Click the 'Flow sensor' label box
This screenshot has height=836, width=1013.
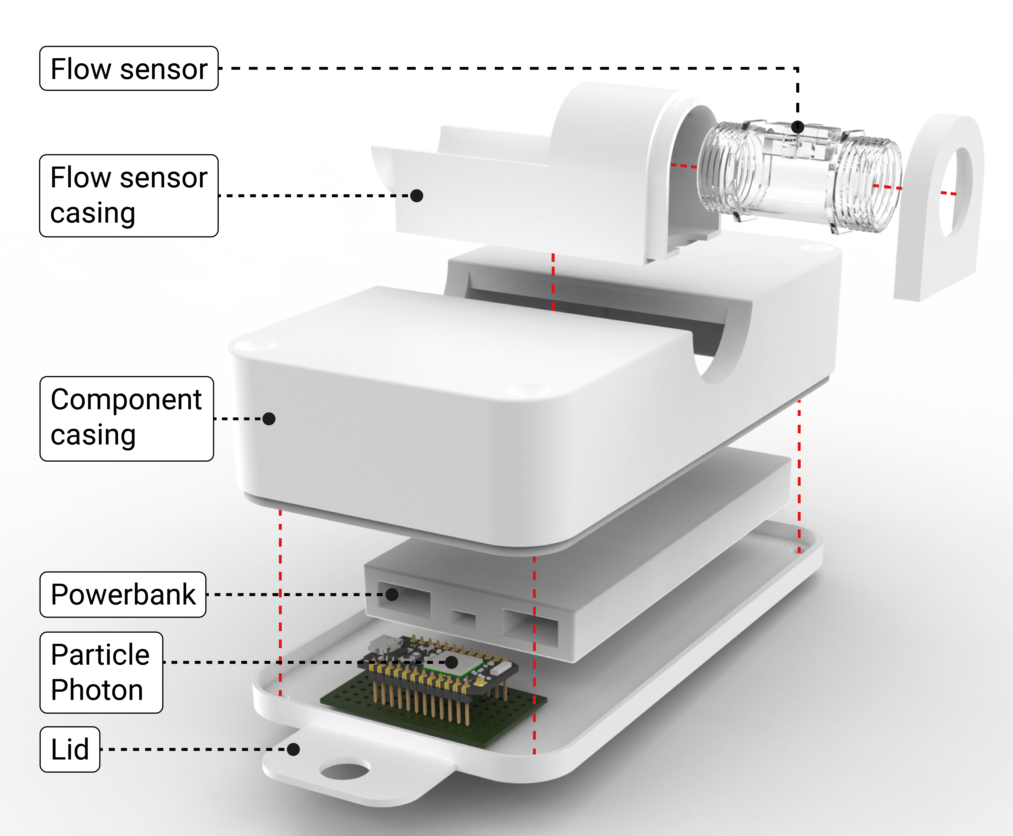click(x=129, y=68)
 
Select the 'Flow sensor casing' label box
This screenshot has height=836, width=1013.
click(x=129, y=196)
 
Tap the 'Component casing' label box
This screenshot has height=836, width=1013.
click(x=127, y=418)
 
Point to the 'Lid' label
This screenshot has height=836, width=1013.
click(x=70, y=749)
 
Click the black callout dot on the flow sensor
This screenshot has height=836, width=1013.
click(x=798, y=127)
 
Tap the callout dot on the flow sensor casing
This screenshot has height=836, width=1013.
click(x=417, y=196)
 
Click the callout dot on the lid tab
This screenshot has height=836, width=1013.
click(x=293, y=749)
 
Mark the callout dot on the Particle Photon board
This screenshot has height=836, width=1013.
click(x=451, y=662)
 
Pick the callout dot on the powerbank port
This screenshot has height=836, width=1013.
click(x=392, y=594)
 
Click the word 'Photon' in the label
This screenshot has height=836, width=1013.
click(x=97, y=690)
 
